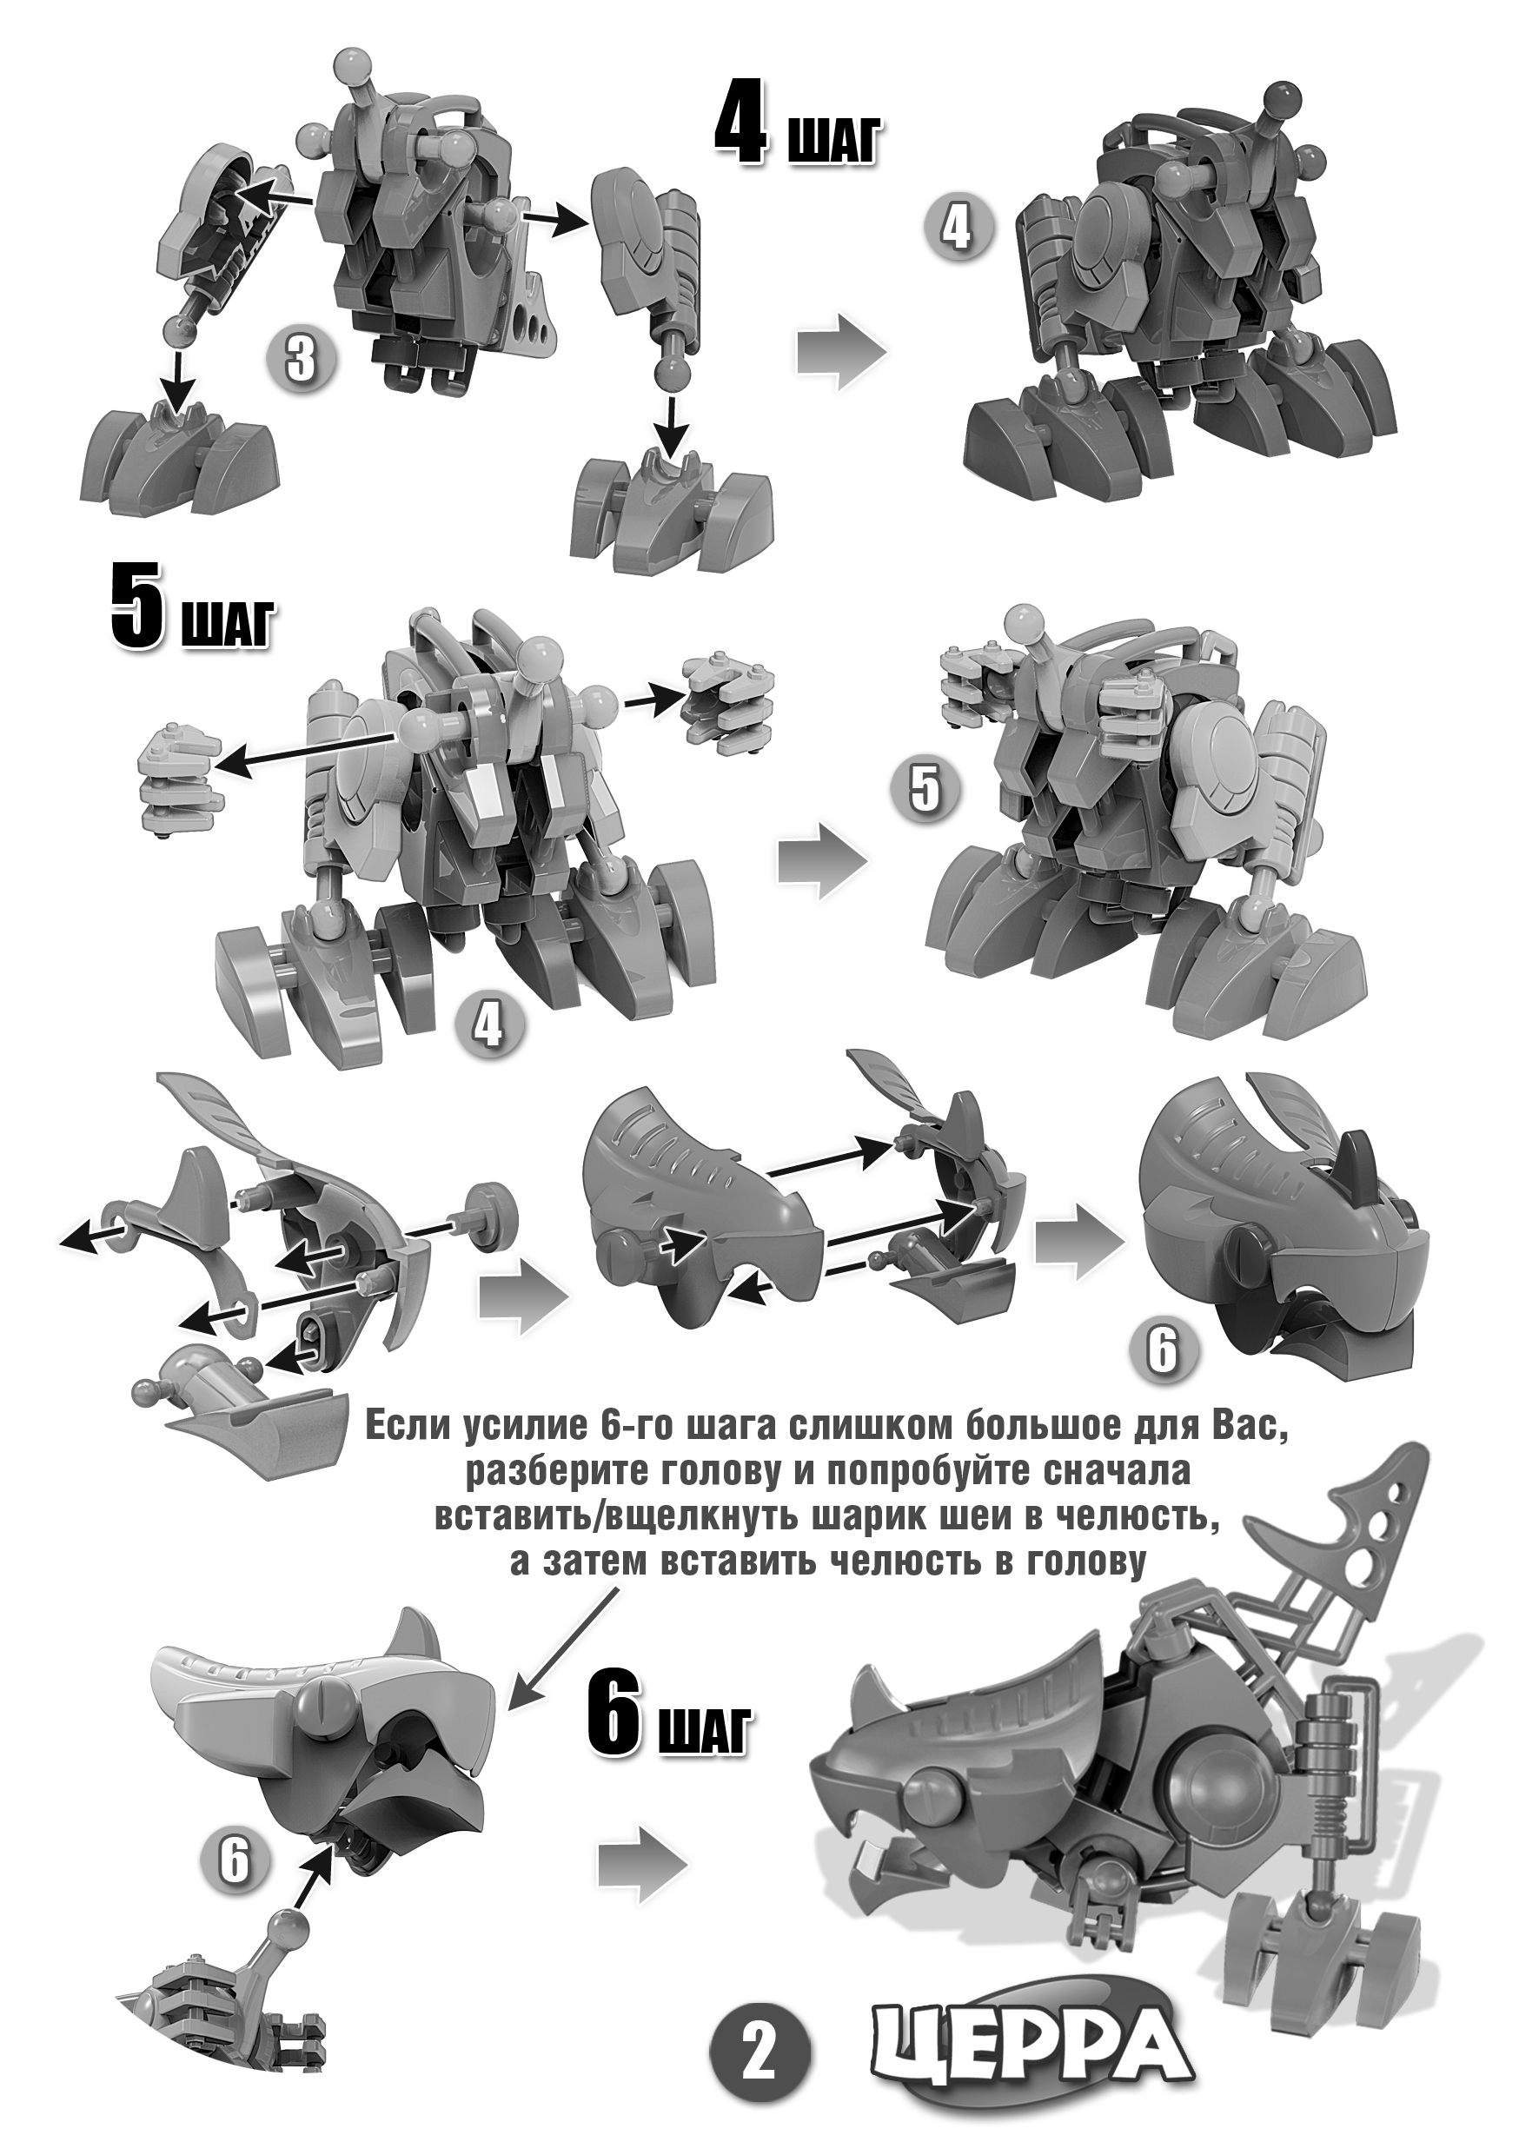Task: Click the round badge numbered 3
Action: (300, 360)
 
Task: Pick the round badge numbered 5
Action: (924, 790)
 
